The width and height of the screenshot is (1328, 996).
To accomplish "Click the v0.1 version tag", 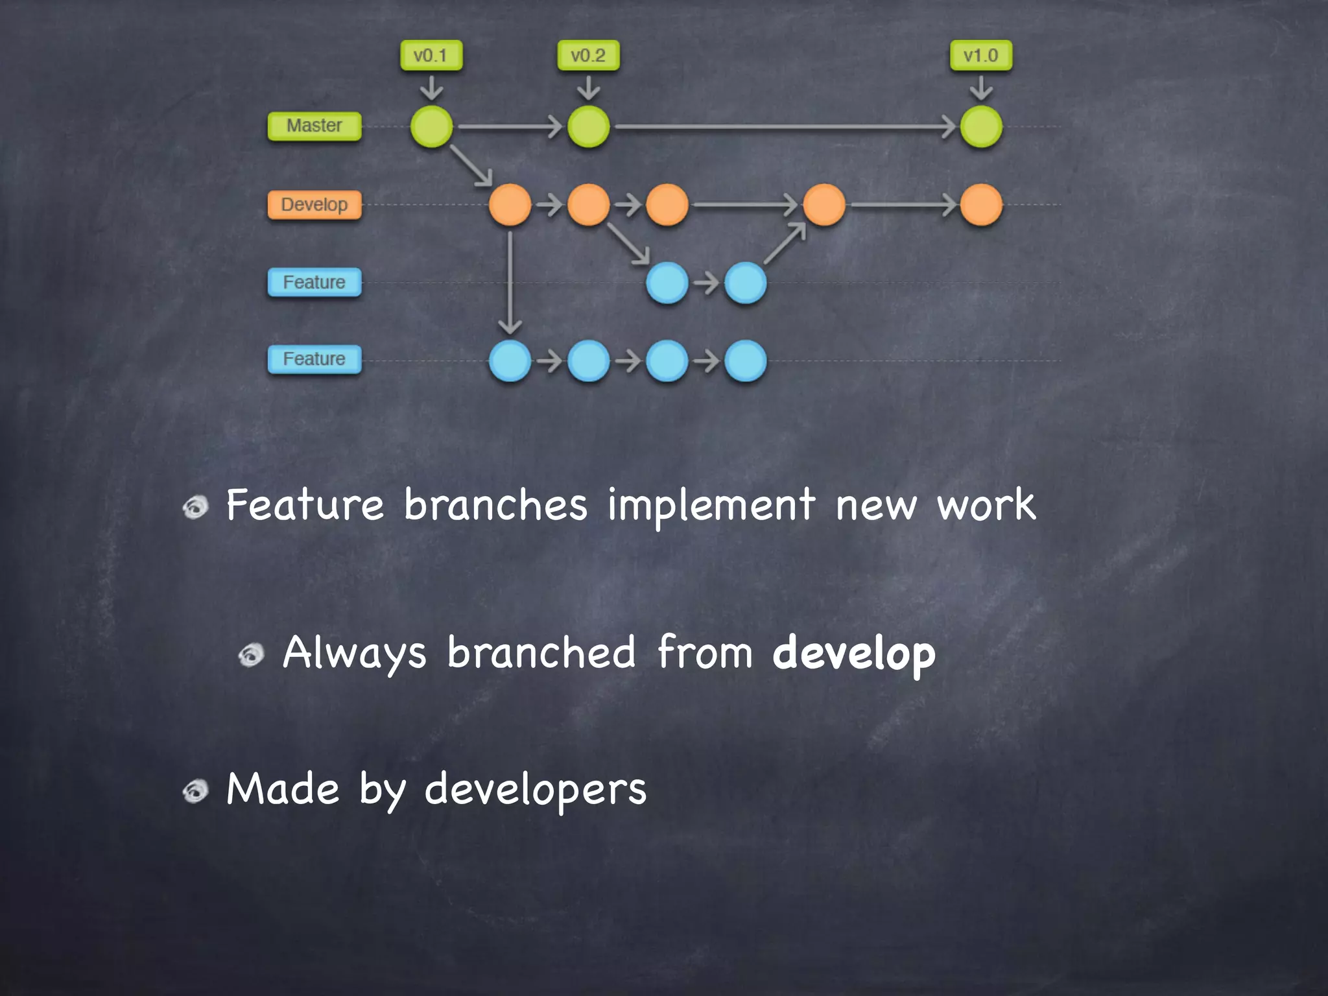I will pos(431,56).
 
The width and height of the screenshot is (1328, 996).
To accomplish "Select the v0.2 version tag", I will pos(588,56).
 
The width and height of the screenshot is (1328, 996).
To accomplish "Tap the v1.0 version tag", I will pos(980,56).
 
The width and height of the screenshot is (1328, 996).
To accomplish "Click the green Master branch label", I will pos(314,126).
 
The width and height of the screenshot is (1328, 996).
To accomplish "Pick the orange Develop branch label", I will pos(314,205).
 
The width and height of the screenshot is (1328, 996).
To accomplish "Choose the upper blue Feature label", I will pos(314,283).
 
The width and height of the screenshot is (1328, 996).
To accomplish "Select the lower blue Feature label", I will pos(314,359).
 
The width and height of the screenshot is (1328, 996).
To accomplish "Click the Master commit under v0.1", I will pos(431,126).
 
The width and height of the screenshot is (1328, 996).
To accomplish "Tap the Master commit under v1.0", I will pos(980,126).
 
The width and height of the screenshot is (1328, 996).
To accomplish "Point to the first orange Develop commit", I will pos(510,205).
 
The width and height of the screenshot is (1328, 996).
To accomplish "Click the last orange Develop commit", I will pos(980,205).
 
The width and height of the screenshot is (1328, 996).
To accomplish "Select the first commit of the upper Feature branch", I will pos(667,283).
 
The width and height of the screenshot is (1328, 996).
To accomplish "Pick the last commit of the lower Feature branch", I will pos(745,361).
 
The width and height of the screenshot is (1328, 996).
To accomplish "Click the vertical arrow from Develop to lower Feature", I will pos(510,282).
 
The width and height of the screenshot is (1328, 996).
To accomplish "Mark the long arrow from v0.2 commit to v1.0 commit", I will pos(785,126).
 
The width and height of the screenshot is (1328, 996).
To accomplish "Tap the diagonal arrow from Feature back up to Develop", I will pos(785,244).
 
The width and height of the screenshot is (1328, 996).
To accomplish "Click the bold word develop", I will pos(854,654).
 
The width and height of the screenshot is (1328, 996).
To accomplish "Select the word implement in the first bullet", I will pos(711,506).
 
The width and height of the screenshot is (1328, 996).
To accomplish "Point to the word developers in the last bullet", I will pos(535,790).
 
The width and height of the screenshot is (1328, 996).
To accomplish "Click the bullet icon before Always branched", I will pos(251,655).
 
